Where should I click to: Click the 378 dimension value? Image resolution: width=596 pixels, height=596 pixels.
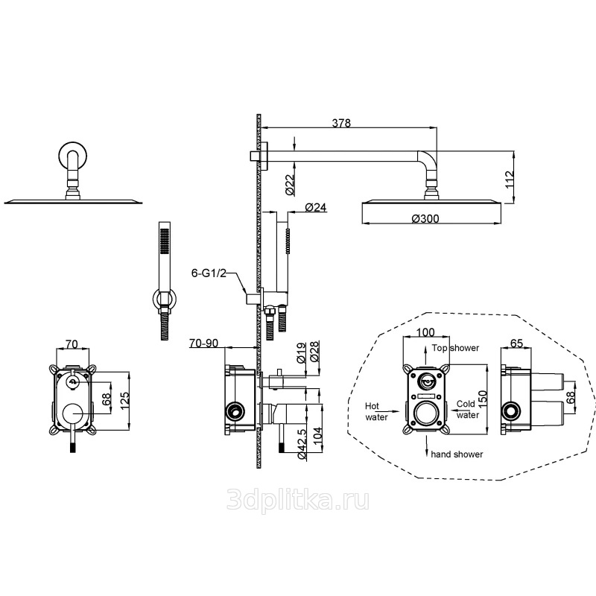(x=341, y=123)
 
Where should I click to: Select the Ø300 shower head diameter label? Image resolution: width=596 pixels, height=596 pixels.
(x=425, y=218)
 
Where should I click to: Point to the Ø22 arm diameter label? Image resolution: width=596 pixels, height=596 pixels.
(x=290, y=185)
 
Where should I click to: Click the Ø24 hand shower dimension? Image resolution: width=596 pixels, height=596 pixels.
(x=316, y=208)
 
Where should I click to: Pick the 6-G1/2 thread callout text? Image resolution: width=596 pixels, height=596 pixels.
(x=209, y=273)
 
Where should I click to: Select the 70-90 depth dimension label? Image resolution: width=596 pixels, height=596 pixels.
(x=203, y=343)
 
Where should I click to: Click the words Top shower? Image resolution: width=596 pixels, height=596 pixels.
(x=455, y=348)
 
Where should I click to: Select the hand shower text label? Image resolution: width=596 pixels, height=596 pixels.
(x=457, y=454)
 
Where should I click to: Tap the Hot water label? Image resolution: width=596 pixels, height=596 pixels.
(x=376, y=412)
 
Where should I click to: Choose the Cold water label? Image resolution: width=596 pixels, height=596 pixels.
(x=467, y=409)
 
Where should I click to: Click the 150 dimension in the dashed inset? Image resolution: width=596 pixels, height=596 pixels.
(x=482, y=399)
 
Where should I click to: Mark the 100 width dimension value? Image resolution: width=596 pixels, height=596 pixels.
(x=425, y=332)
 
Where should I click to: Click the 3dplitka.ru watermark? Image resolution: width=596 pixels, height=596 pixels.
(x=298, y=499)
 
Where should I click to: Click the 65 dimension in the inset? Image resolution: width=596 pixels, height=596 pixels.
(x=516, y=343)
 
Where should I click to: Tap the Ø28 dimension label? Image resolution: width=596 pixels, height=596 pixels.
(x=314, y=352)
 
